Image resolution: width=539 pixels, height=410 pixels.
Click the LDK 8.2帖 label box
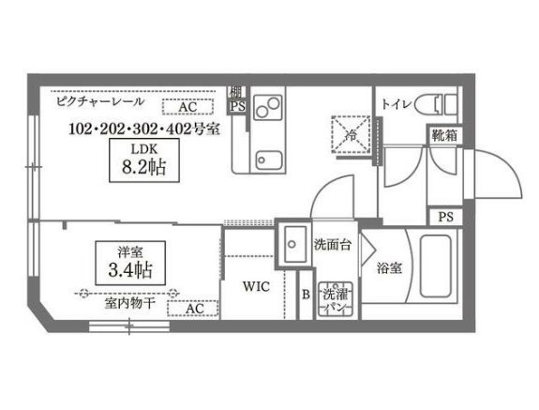[x=144, y=160]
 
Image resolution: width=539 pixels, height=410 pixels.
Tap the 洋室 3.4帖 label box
[x=130, y=263]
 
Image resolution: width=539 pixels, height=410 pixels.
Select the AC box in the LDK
[x=187, y=107]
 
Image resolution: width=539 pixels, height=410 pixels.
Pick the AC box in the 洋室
[x=193, y=308]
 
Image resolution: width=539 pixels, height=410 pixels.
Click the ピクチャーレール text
[x=99, y=101]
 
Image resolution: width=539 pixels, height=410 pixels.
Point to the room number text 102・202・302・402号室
[x=144, y=129]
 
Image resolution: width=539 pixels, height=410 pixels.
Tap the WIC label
[x=256, y=286]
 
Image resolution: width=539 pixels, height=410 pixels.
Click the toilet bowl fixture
[x=436, y=103]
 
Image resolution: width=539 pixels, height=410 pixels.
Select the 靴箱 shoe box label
[x=444, y=135]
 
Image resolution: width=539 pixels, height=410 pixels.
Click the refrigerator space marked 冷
[x=351, y=134]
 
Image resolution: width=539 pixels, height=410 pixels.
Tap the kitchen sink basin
[x=269, y=160]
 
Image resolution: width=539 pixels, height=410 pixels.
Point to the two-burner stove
[x=268, y=107]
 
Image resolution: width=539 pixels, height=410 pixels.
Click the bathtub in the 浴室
[x=436, y=266]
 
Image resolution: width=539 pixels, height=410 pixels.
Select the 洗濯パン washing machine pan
[x=333, y=299]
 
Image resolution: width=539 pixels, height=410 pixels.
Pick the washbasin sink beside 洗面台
[x=292, y=245]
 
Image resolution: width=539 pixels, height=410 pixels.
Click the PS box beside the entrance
[x=445, y=217]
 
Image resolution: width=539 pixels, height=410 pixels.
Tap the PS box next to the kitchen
[x=237, y=106]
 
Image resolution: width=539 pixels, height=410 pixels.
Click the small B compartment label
[x=306, y=295]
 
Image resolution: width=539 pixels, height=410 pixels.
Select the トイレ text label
[x=396, y=104]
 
